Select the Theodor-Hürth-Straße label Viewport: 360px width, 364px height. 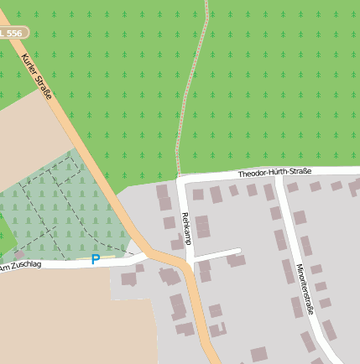click(x=274, y=173)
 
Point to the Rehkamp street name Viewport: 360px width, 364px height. click(x=185, y=229)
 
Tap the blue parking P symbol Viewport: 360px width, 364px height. click(x=95, y=260)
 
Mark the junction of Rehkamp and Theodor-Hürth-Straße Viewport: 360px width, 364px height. click(x=180, y=180)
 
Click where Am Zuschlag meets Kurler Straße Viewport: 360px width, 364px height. click(x=143, y=256)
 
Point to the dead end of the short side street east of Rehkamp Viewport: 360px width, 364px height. click(x=239, y=251)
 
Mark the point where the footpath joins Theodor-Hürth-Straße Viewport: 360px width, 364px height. click(x=178, y=179)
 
